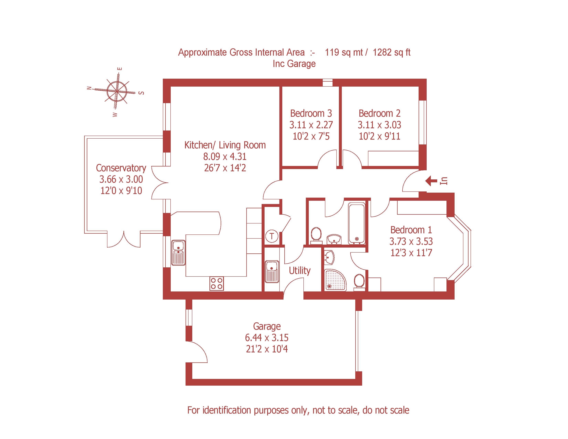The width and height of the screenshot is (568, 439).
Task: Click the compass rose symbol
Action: click(x=117, y=91)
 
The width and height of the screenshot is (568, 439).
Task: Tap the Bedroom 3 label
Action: click(x=311, y=113)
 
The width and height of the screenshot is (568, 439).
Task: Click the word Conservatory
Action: click(x=121, y=168)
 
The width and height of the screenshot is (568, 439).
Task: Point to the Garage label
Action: click(x=267, y=326)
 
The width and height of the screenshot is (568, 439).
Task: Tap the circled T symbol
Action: click(x=272, y=236)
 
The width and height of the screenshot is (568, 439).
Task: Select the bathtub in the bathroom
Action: click(x=357, y=223)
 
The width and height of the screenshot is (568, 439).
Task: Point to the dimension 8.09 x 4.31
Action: click(x=225, y=156)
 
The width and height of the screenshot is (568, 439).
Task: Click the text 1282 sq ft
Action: click(x=391, y=53)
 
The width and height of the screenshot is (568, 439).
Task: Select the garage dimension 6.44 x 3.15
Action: click(x=267, y=338)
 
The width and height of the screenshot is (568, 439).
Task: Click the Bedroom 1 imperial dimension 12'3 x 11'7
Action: click(x=411, y=253)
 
